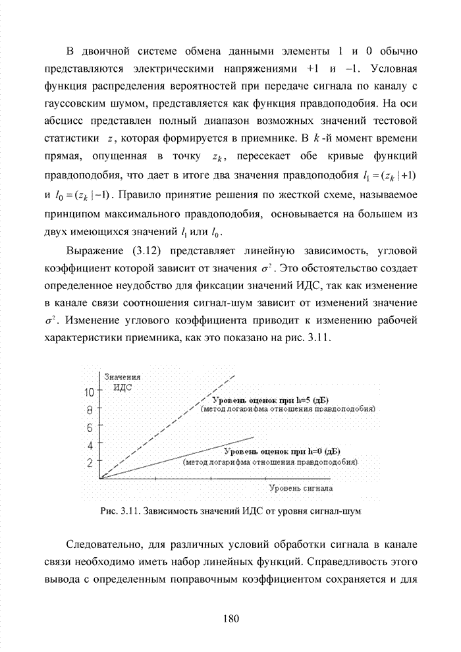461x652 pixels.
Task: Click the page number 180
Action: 230,618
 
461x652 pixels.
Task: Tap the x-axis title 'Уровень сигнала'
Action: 301,489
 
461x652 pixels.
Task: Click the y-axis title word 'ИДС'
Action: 122,387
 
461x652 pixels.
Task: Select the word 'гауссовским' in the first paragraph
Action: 74,103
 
